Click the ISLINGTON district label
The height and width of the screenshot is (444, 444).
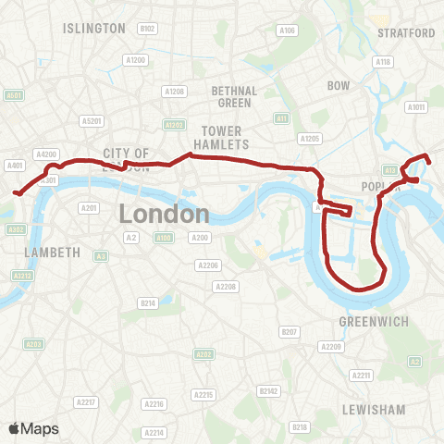(93, 29)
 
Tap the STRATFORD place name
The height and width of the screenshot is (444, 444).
(406, 33)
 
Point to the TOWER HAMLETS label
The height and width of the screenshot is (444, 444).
(226, 138)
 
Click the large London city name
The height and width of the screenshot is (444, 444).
(165, 214)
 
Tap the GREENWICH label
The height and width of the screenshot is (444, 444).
(373, 321)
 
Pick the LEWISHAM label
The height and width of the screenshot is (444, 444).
(373, 409)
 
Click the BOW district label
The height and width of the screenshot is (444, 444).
(338, 86)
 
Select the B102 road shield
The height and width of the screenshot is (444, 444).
(147, 30)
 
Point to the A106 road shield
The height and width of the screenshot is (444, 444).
(288, 31)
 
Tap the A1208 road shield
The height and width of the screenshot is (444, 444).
(175, 92)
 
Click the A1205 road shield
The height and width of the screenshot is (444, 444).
(310, 139)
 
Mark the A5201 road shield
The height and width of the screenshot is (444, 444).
(92, 120)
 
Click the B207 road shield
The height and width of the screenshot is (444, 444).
(290, 331)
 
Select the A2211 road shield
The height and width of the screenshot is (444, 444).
(361, 375)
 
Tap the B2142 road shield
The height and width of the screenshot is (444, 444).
(270, 391)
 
